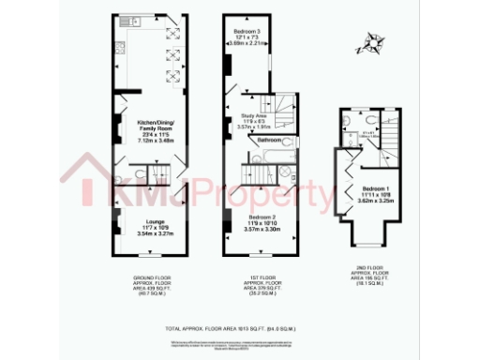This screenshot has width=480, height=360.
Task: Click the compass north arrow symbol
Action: (x=373, y=43)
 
